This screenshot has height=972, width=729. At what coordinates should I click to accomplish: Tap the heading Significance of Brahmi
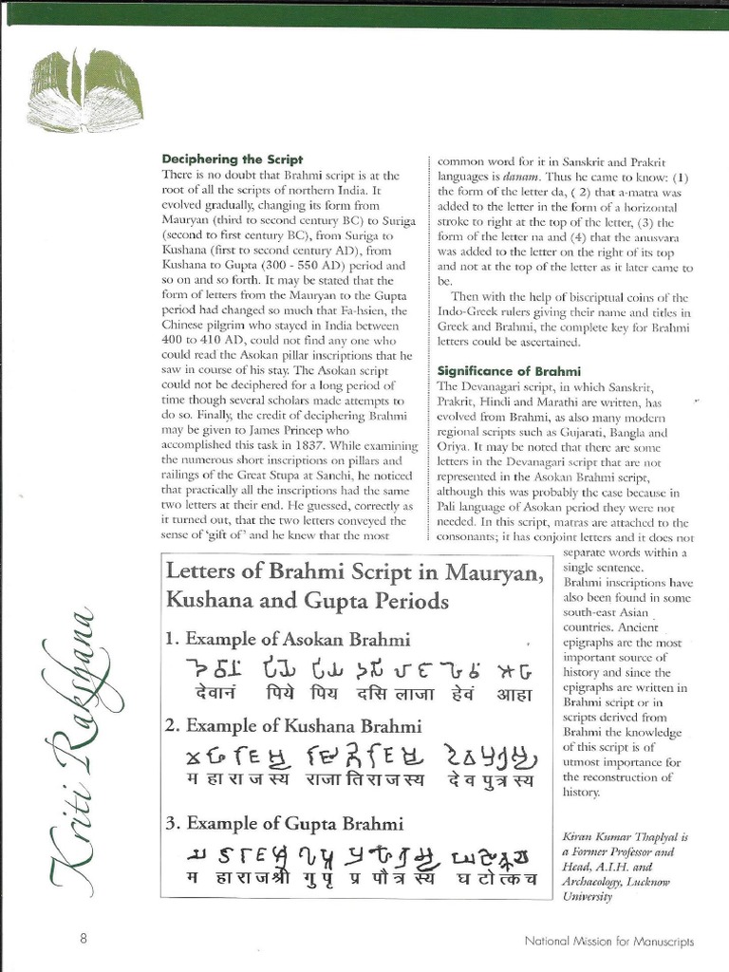[x=508, y=370]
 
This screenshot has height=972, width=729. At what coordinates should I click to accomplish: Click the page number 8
[x=84, y=940]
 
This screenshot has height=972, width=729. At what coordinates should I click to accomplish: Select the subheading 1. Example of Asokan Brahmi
[x=289, y=639]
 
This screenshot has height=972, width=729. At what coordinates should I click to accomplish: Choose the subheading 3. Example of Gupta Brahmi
[x=285, y=823]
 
